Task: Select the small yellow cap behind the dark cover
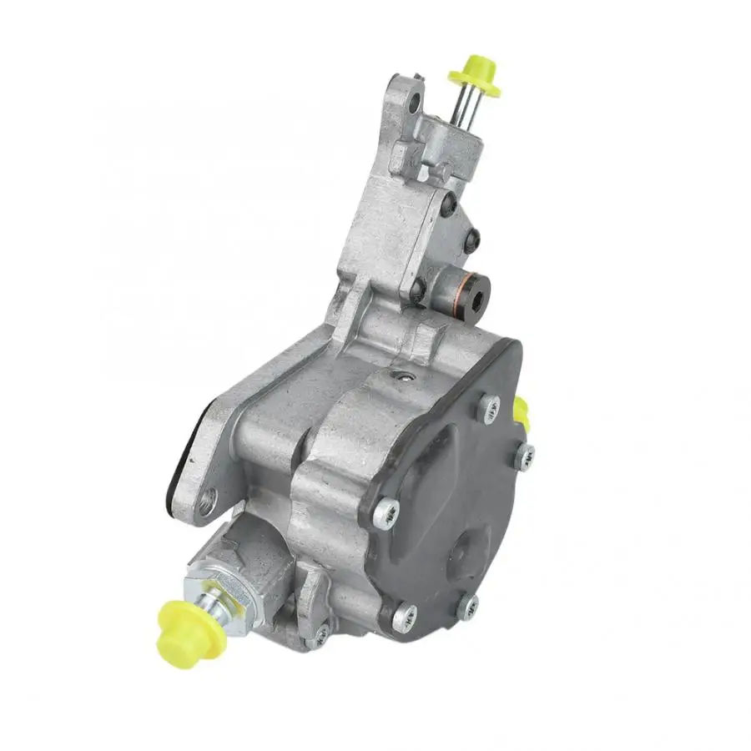[521, 408]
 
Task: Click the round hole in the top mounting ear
[411, 106]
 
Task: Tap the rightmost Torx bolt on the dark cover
[527, 455]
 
